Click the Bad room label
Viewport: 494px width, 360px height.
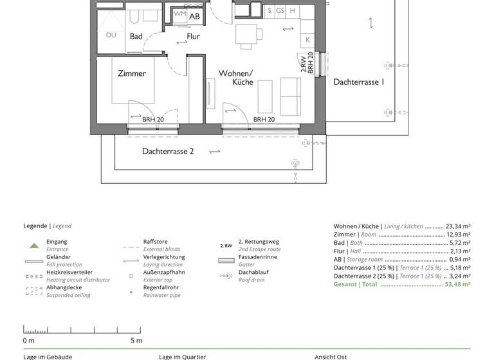point(136,37)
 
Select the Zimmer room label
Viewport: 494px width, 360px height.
point(131,73)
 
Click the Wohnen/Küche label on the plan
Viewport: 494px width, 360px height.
point(235,78)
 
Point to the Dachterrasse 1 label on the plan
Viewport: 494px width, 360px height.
point(358,82)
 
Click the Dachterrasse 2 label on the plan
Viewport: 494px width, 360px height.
point(168,151)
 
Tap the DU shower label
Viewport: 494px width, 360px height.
point(111,35)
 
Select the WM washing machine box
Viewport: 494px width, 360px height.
point(180,14)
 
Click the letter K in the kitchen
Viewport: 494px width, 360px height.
point(308,39)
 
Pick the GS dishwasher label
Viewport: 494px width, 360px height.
point(280,11)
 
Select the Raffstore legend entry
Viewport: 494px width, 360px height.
point(155,242)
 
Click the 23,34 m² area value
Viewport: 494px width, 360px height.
point(458,226)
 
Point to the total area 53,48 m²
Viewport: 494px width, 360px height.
point(458,283)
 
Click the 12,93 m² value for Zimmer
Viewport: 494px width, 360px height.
point(458,235)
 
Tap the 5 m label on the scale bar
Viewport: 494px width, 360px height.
point(136,340)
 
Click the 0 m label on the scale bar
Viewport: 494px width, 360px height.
point(29,340)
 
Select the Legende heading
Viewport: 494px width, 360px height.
point(35,226)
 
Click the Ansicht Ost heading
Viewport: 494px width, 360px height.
point(331,357)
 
